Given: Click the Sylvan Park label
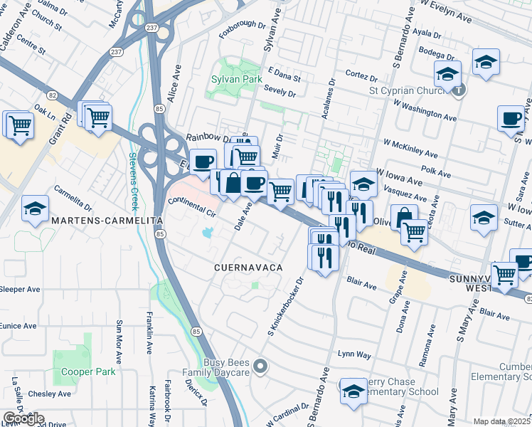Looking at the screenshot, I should (x=237, y=78).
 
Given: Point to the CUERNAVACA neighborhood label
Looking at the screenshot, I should (x=249, y=267).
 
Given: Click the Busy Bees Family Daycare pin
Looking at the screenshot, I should (x=260, y=367).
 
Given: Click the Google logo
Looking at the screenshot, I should (x=23, y=418).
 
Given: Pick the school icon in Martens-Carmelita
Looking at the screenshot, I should (x=35, y=209).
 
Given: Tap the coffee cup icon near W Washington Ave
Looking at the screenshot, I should (x=511, y=119).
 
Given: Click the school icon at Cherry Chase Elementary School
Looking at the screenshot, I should (x=353, y=391).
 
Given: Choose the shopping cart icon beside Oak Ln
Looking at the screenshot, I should (x=20, y=125).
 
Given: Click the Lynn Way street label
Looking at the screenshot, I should (x=354, y=354).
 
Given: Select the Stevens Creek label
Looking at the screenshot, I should (x=133, y=179).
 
